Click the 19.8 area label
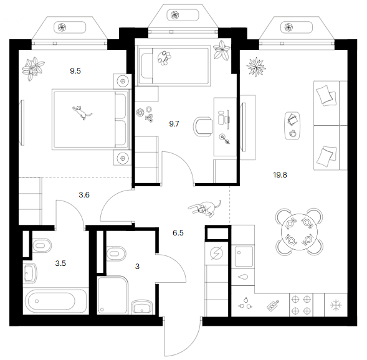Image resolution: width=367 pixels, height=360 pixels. click(280, 175)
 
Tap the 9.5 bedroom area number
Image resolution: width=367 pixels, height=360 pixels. click(75, 70)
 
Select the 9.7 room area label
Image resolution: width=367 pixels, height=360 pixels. click(174, 124)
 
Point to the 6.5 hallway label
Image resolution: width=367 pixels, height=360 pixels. click(178, 233)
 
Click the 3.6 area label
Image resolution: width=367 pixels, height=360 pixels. click(84, 194)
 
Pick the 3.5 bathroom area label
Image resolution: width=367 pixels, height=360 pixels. click(60, 263)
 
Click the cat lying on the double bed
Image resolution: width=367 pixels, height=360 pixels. click(82, 112)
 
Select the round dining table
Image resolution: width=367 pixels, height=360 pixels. click(299, 232)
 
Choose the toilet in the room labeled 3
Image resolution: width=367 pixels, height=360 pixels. click(116, 253)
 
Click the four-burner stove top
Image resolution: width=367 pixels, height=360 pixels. click(301, 305)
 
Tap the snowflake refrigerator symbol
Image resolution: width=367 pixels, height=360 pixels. click(336, 305)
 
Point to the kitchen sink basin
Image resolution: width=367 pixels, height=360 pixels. click(244, 256)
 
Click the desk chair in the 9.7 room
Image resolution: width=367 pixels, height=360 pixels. click(203, 126)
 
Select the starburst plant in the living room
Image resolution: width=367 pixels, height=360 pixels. click(256, 67)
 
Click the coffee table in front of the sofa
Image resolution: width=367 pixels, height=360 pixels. click(292, 126)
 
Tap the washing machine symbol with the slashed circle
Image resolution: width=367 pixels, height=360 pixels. click(216, 253)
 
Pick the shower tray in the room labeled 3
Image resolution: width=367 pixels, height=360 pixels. click(113, 295)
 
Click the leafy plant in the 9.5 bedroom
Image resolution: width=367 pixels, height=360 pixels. click(33, 69)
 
